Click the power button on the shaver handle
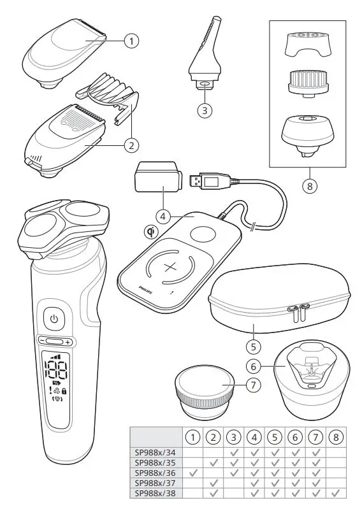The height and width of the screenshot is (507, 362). [x=54, y=317]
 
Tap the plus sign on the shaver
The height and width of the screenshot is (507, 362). [x=68, y=341]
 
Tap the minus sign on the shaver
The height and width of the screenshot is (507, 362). [x=40, y=341]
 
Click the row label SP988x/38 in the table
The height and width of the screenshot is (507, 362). [x=155, y=492]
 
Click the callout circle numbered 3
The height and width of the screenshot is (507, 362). [x=203, y=110]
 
